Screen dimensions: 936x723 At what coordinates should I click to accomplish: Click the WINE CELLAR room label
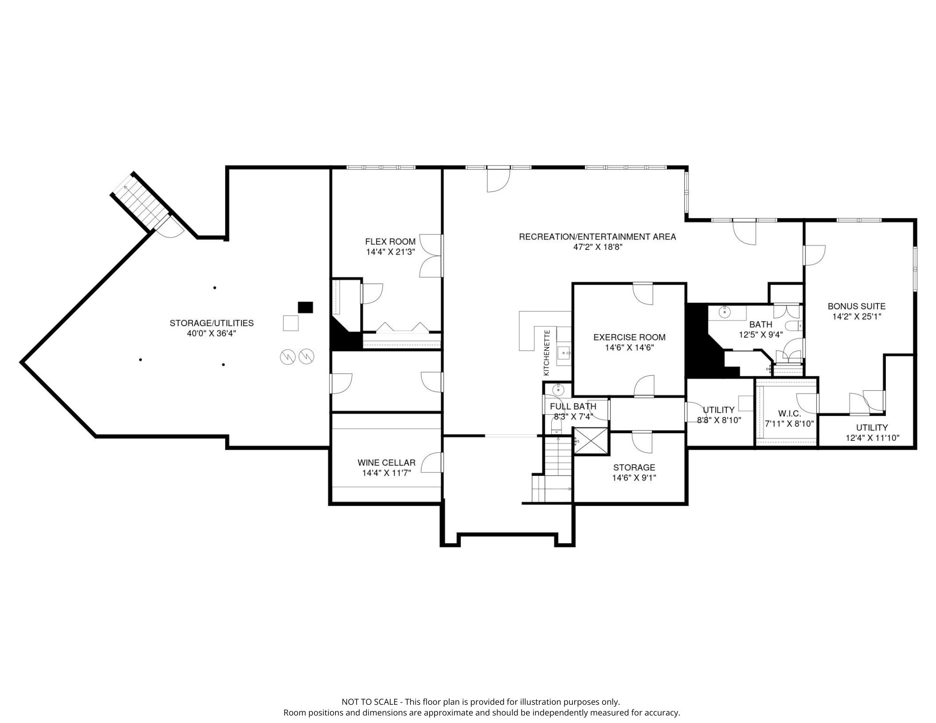coord(387,463)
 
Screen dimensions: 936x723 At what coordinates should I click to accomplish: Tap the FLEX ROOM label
coord(390,241)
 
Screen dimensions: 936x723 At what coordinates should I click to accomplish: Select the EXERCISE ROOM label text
coord(629,337)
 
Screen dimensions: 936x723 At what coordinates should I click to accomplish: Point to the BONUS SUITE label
coord(856,306)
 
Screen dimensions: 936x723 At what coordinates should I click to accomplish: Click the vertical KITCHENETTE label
coord(547,352)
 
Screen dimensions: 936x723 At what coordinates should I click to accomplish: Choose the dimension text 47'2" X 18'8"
coord(598,247)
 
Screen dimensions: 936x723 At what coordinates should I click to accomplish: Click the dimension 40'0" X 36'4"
coord(212,333)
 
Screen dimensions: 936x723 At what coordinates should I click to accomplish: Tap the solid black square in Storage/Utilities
coord(306,307)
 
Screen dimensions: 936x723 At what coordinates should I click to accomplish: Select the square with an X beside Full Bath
coord(591,441)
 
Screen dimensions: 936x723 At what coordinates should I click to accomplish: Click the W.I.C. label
coord(790,414)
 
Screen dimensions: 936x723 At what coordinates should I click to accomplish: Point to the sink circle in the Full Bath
coord(557,389)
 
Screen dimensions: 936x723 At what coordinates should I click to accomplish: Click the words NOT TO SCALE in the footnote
coord(370,702)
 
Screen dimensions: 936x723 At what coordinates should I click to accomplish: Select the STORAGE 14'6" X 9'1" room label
coord(634,472)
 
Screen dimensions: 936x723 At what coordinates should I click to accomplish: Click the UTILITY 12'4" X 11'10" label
coord(872,433)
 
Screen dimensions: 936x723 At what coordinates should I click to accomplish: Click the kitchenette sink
coord(563,352)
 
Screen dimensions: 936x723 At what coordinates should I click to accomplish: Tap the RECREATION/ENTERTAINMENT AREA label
coord(598,237)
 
